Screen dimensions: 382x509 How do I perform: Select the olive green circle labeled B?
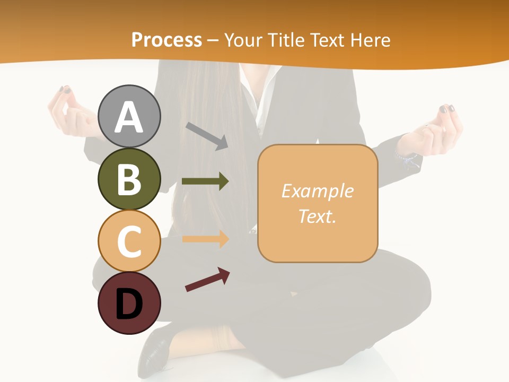pos(129,179)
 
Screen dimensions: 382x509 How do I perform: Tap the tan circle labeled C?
pos(129,241)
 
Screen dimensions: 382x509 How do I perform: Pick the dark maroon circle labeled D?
pos(129,303)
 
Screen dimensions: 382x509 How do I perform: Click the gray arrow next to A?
pos(207,135)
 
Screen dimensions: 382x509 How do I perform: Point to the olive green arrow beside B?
pos(205,181)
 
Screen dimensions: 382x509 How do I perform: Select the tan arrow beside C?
pos(205,239)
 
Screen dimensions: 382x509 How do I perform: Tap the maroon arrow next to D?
pos(207,280)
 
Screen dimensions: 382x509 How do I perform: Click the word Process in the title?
pos(166,40)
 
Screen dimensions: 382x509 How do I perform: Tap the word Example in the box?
pos(317,191)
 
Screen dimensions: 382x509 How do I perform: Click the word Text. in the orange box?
pos(317,216)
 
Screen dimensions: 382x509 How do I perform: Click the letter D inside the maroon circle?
pos(129,305)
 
